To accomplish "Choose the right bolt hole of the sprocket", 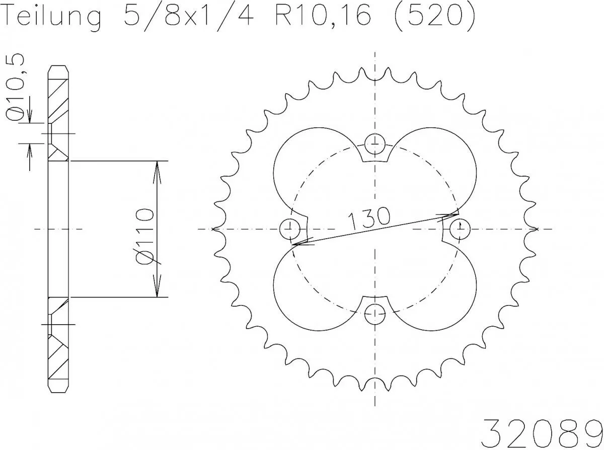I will pos(460,230).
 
